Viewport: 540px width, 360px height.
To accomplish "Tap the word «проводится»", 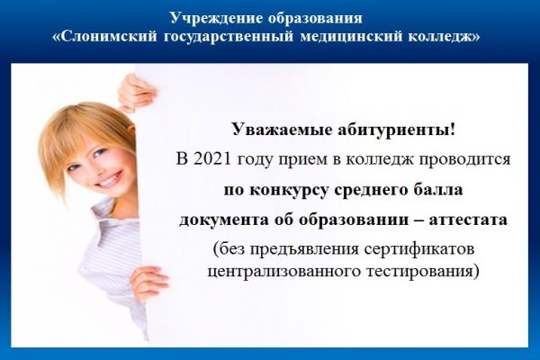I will click(467, 160).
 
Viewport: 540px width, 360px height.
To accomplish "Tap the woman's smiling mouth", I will click(106, 179).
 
